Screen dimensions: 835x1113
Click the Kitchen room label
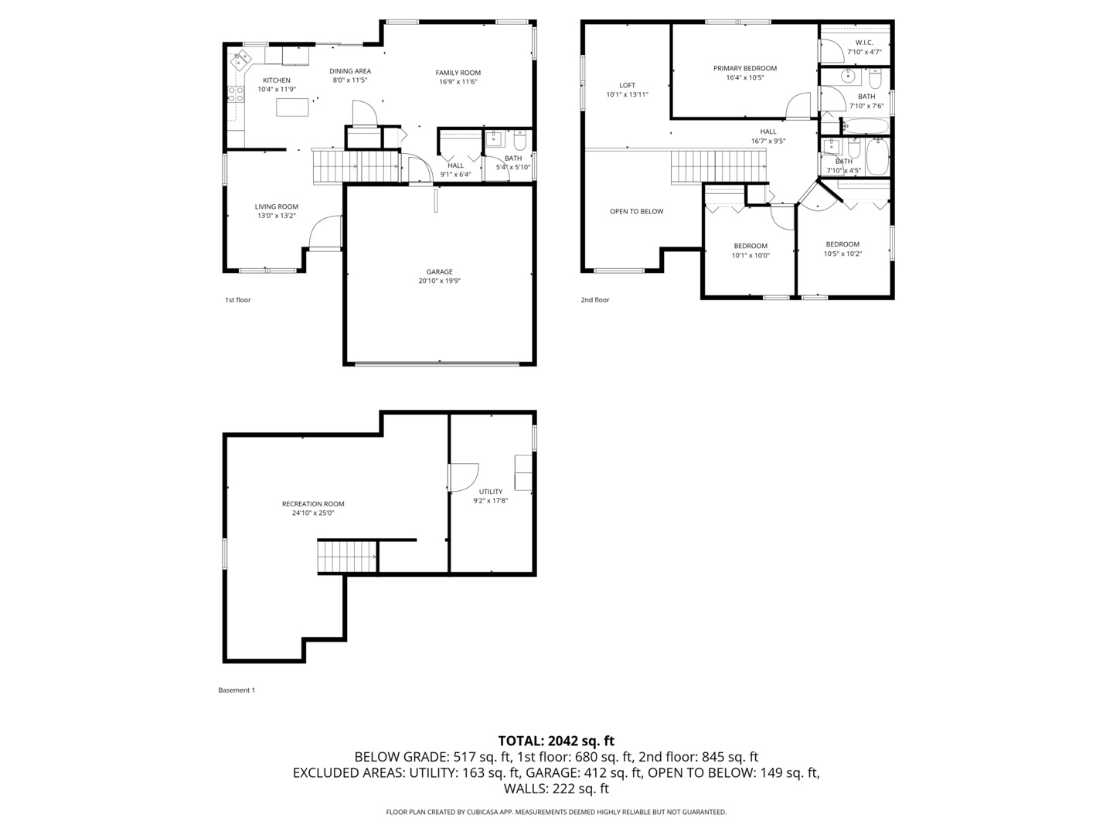point(277,80)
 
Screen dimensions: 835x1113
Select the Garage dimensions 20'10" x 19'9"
point(440,281)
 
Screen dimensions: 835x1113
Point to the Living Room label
point(277,206)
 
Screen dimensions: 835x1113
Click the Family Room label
point(458,73)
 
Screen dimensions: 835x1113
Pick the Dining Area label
point(350,71)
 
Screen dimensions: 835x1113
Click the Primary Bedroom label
point(745,68)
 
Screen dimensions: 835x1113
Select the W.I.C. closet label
point(864,43)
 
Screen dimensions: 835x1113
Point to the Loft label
point(627,85)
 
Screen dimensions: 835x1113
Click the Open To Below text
point(636,211)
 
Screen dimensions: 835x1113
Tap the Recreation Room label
point(313,504)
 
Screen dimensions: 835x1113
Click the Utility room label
point(491,492)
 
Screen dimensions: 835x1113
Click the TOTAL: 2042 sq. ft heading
point(556,741)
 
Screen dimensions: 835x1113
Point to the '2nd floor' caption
point(595,300)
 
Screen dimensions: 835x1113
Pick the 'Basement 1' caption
point(237,690)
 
